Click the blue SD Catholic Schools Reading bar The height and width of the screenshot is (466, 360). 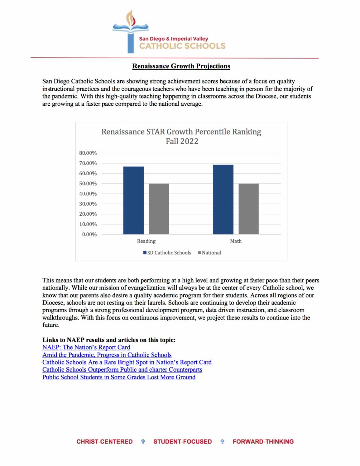(x=133, y=200)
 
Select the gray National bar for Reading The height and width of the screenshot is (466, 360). (x=159, y=209)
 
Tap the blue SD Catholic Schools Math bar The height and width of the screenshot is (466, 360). (x=223, y=199)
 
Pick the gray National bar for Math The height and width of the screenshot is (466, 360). (x=248, y=209)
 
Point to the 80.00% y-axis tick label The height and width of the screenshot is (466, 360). (x=88, y=153)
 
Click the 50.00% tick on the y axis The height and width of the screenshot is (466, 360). (x=88, y=184)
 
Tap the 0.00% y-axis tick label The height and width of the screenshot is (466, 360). (x=89, y=234)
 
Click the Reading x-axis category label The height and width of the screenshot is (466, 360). (x=146, y=241)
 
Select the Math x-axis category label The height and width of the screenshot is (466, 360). (x=236, y=241)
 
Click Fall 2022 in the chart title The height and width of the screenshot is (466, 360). (x=182, y=141)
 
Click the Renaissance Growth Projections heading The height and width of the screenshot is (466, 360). (x=181, y=66)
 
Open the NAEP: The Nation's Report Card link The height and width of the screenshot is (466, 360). (x=86, y=347)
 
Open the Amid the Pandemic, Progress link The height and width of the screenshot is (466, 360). (x=107, y=355)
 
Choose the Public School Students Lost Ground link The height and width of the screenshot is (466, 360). (x=119, y=377)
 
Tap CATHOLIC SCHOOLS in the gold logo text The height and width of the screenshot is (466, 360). (x=182, y=46)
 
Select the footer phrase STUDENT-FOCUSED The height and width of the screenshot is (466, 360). (x=182, y=441)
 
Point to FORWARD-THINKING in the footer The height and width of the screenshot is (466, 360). (x=263, y=441)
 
